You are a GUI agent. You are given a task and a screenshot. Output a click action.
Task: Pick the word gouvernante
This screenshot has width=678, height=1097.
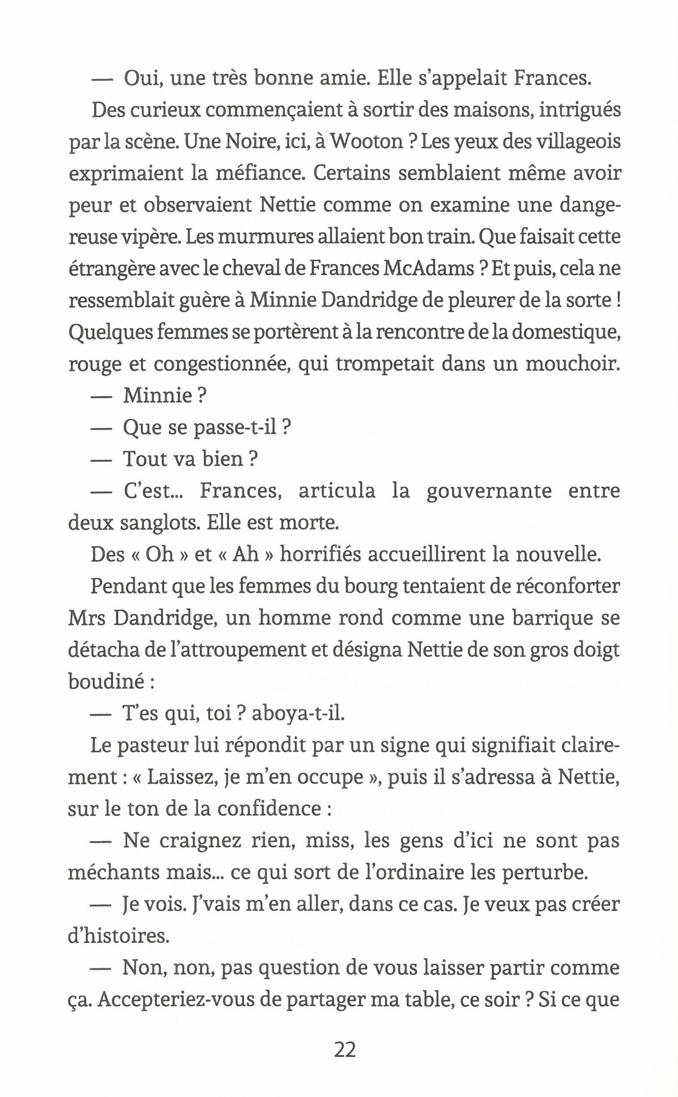coord(489,491)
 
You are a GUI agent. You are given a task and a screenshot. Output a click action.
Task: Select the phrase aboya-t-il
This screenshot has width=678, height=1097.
coord(298,714)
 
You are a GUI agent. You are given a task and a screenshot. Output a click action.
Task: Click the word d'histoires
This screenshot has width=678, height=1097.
coord(118,937)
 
